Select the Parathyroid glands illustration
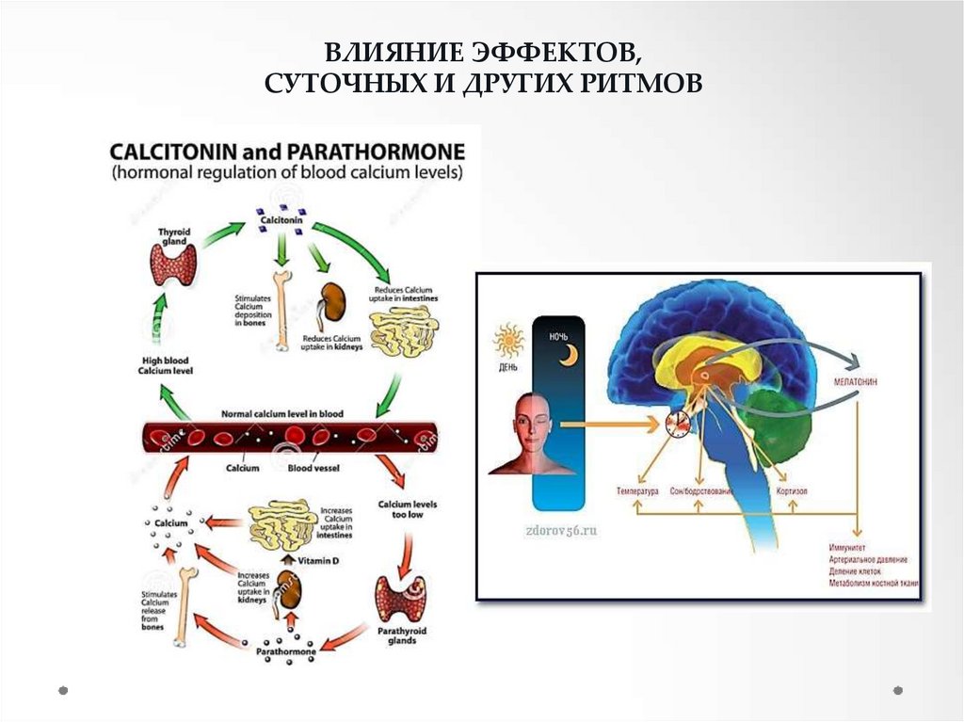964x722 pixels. (400, 598)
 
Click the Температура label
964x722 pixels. (637, 491)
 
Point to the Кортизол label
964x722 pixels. (791, 491)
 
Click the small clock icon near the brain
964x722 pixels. (677, 423)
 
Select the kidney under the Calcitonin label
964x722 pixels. (330, 303)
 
